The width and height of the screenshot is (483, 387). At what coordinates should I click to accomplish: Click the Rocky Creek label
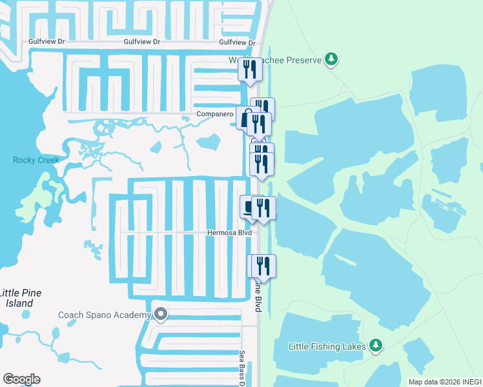point(36,160)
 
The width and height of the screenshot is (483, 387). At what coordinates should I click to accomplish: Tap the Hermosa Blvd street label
point(229,232)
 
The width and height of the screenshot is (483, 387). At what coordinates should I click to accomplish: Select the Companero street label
point(215,114)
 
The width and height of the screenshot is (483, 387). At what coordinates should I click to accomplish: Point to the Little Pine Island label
point(21,297)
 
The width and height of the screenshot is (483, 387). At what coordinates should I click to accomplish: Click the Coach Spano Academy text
point(104,315)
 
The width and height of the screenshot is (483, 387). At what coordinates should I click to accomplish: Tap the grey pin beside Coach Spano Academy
point(161,315)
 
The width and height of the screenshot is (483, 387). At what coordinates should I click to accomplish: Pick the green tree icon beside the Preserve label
point(331,60)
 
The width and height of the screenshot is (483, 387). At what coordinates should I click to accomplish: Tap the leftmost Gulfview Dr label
point(47,41)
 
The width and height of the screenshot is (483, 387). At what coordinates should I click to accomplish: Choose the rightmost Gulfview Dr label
point(238,42)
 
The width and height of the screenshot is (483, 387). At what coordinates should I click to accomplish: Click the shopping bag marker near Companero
point(246,118)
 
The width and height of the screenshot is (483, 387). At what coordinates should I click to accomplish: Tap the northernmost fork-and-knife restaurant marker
point(251,70)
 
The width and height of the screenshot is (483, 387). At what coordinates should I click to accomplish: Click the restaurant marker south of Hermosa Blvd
point(263,266)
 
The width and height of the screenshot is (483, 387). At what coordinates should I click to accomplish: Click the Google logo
point(21,379)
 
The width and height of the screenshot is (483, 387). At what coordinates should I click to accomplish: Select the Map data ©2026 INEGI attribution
point(445,382)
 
